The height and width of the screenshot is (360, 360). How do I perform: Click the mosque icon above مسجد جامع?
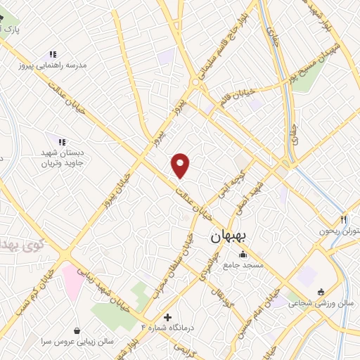[243, 254]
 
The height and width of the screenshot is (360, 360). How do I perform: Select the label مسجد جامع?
[243, 265]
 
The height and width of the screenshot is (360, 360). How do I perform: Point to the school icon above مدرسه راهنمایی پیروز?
[52, 54]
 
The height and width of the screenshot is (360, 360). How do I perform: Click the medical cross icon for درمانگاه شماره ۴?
[167, 316]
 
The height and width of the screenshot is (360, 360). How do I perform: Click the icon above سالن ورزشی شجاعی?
[321, 292]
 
